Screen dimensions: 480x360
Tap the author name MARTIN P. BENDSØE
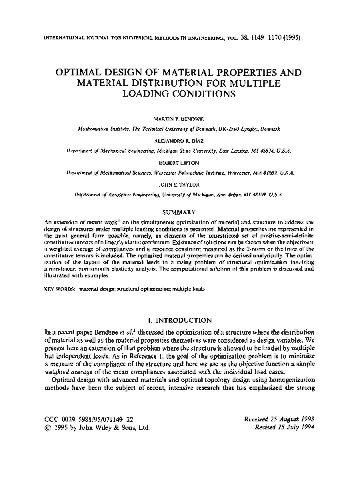pos(180,117)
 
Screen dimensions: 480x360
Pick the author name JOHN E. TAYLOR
pos(180,186)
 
